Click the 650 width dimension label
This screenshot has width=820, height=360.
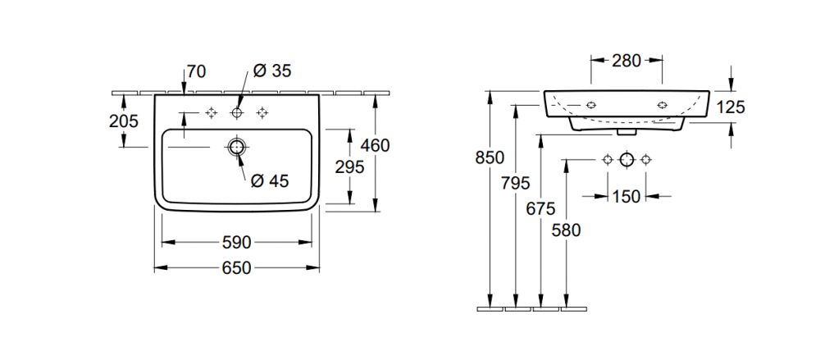[236, 268]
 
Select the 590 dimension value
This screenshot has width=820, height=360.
[236, 243]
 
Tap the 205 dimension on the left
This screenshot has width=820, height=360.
[123, 121]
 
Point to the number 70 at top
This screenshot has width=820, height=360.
[195, 71]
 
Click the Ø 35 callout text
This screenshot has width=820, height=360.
[271, 71]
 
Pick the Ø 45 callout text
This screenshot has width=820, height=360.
[270, 181]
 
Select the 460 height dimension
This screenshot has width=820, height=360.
[375, 146]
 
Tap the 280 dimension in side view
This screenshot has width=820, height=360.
[626, 60]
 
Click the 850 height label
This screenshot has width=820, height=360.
[490, 159]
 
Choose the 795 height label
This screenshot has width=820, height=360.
[516, 182]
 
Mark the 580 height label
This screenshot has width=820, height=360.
[566, 230]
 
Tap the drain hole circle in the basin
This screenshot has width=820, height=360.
[237, 148]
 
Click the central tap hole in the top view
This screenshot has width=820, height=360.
[238, 112]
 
